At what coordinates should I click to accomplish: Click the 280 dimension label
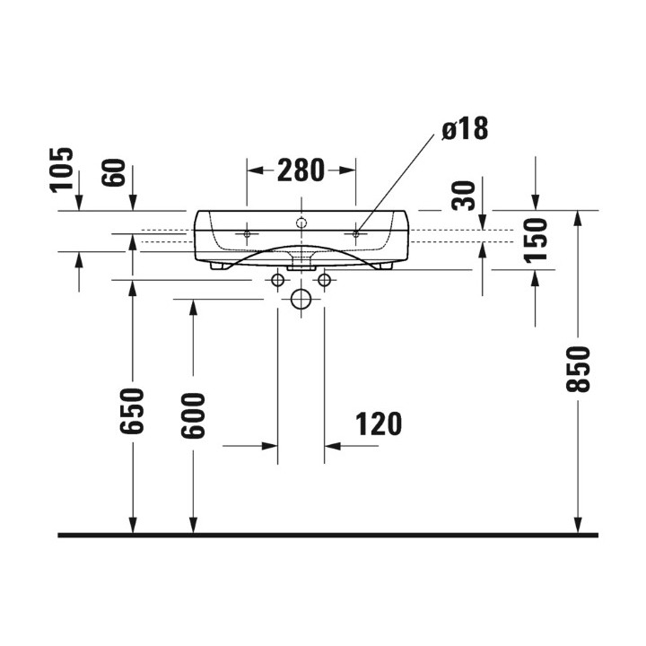(301, 170)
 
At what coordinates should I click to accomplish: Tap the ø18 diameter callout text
(465, 128)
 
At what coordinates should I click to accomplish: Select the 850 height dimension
(578, 369)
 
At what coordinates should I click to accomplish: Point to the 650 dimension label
(132, 411)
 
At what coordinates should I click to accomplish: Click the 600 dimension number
(193, 415)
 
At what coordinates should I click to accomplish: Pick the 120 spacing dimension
(379, 423)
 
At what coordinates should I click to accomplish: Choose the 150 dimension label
(536, 240)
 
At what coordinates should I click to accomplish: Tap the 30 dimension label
(464, 196)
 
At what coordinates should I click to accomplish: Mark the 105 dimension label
(61, 170)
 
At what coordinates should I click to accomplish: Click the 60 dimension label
(113, 172)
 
